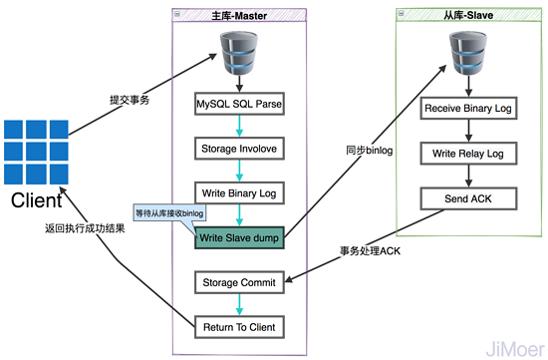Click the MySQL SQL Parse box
[239, 102]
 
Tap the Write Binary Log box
[239, 191]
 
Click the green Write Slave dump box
[239, 237]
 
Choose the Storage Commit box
[239, 282]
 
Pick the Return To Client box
[239, 325]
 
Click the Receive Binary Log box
[468, 108]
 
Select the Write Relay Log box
[468, 154]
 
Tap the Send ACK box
[468, 197]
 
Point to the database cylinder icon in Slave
[468, 49]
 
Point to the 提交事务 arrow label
[130, 102]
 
